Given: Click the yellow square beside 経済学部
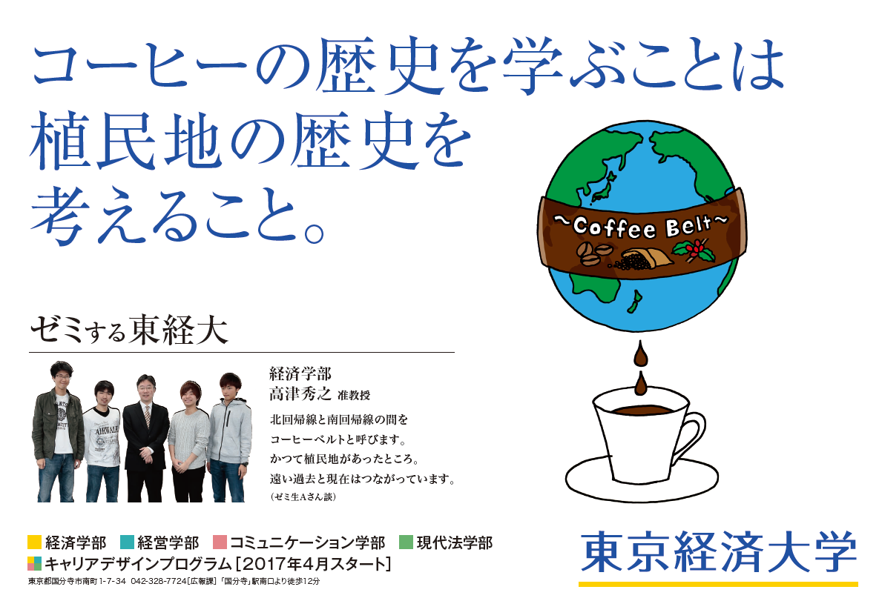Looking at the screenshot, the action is coord(34,542).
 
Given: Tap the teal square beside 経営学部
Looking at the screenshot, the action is coord(127,542).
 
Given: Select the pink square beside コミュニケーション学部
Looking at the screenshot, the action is coord(220,542).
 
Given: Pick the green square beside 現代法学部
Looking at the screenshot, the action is coord(406,542).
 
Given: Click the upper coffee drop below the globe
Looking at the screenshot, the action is coord(641,354).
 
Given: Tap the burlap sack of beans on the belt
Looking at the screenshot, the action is coord(646,259).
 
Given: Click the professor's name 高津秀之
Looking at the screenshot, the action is coord(300,394).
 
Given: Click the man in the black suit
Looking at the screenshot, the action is coord(145,438).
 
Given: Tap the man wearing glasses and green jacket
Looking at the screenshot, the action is coord(59,431).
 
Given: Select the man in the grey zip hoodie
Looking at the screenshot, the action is coord(229,437).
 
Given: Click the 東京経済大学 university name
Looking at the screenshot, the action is coord(719,553).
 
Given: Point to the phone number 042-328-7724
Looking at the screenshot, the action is coord(158,581).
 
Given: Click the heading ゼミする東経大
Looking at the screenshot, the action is coord(129,330).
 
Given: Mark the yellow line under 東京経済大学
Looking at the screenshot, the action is coord(718,584).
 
